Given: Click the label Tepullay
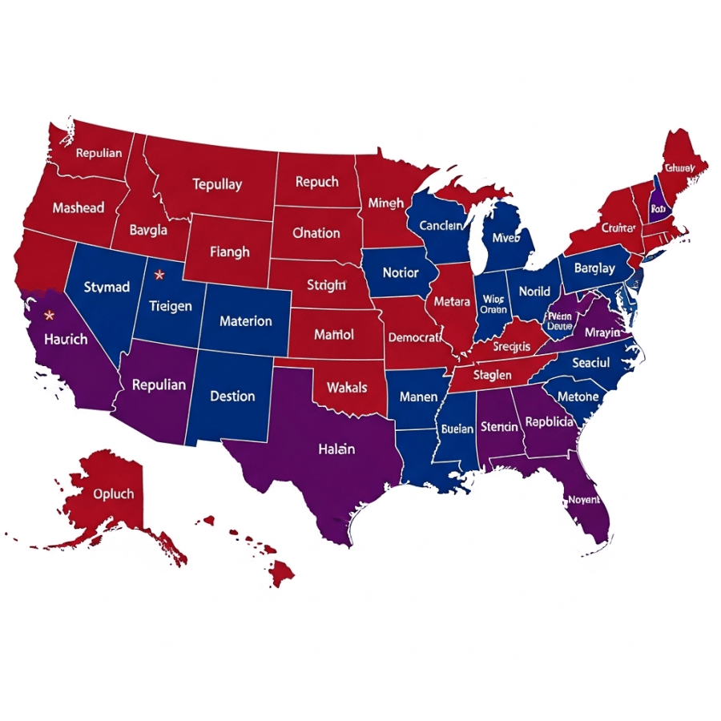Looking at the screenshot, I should point(216,184).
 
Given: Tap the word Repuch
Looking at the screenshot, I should point(316,182).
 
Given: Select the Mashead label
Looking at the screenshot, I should point(78,207).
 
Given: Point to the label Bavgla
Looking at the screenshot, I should point(150,230).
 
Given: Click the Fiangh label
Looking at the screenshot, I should point(229,252).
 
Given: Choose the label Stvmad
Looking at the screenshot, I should point(106,287).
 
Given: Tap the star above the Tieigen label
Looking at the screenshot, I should point(159,275).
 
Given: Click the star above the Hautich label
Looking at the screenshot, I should point(50,315).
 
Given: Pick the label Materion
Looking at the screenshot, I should point(245,321).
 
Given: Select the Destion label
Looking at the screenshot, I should point(232,396).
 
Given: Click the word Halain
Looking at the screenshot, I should point(336,449).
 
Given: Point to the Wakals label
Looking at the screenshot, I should point(347,388).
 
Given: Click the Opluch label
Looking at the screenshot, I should point(114,493).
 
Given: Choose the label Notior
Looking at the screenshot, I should point(401,272).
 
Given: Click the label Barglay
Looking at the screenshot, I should point(594,268).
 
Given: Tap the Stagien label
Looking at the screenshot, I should point(492,374).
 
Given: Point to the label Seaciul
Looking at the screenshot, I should point(591,363).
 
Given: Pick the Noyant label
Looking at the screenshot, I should point(582,499).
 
